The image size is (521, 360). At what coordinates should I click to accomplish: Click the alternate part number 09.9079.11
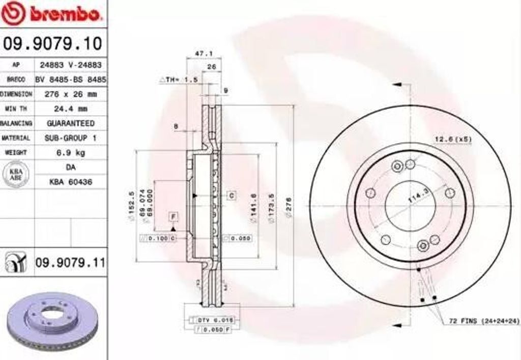click(x=70, y=263)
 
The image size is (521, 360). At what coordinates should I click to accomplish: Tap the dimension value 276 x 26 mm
click(x=70, y=94)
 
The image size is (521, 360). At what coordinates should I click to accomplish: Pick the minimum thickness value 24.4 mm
click(x=70, y=108)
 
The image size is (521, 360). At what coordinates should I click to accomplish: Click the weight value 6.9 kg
click(x=70, y=152)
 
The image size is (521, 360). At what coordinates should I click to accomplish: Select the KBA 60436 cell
click(x=70, y=181)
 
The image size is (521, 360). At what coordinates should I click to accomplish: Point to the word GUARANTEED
click(x=70, y=123)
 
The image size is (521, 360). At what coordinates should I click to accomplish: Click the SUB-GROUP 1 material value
click(x=70, y=137)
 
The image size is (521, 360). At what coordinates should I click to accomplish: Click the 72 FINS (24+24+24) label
click(x=484, y=321)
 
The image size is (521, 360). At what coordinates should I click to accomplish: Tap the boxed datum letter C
click(x=231, y=195)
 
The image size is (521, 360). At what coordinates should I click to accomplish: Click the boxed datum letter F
click(x=173, y=217)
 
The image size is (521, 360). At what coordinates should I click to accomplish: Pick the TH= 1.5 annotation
click(x=179, y=80)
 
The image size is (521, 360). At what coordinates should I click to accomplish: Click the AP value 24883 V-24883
click(x=70, y=65)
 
